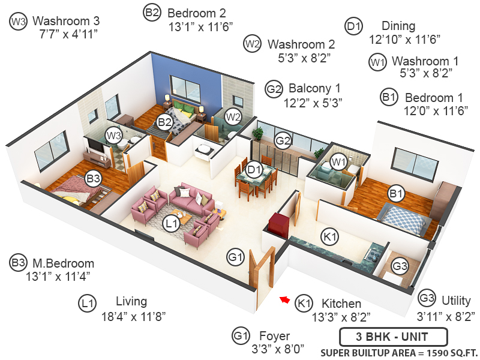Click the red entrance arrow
pos(285,299)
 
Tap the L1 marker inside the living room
pos(171,223)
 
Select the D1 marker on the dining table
pos(255,169)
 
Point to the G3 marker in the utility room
pos(400,265)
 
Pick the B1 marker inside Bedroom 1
pos(395,194)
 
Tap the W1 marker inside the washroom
pos(339,161)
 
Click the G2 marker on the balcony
pos(283,141)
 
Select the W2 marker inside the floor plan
pos(233,116)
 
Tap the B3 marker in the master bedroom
pos(93,178)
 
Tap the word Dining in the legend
pos(398,26)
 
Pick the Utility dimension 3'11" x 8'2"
pos(448,315)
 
